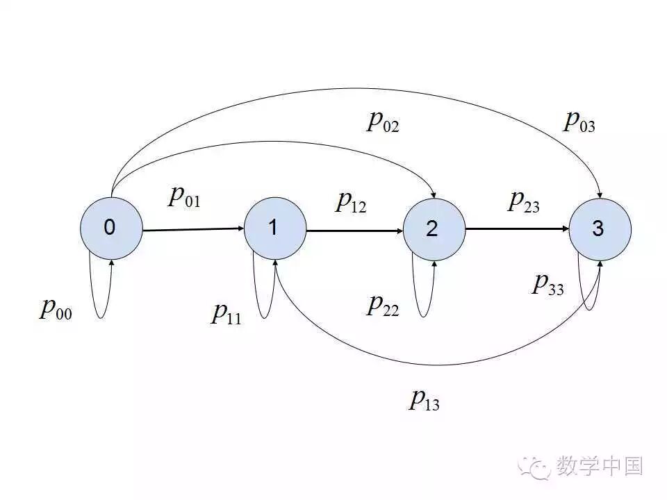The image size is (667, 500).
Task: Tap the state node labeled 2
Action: (x=434, y=230)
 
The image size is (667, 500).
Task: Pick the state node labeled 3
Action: (x=600, y=230)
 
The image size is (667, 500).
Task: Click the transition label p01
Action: (x=184, y=197)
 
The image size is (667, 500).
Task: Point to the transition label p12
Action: (x=351, y=201)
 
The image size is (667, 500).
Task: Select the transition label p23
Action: (x=524, y=201)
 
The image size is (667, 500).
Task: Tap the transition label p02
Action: (x=383, y=122)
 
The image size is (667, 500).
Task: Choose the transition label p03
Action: (x=579, y=122)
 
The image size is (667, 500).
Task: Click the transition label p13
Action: (x=424, y=399)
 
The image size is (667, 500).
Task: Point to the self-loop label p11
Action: (x=227, y=314)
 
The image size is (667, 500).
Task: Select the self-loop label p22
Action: (x=383, y=305)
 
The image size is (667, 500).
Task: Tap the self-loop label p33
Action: (x=547, y=284)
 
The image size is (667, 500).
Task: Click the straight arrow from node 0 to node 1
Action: (x=193, y=229)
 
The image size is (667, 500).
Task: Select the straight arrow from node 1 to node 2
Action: (x=354, y=230)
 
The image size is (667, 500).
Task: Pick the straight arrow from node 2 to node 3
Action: (x=517, y=228)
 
